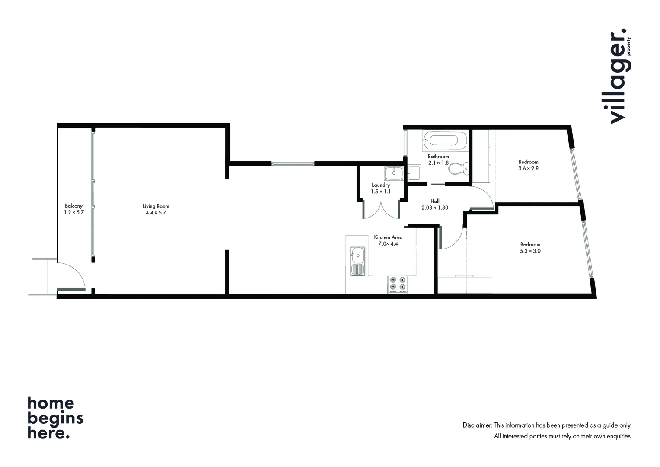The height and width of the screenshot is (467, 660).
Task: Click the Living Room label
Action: [156, 206]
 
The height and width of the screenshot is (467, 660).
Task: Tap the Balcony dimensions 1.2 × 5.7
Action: [73, 213]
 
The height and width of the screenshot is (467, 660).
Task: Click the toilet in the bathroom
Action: [459, 168]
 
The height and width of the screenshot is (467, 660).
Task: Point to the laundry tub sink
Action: [394, 173]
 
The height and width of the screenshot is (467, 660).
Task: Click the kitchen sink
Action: [357, 261]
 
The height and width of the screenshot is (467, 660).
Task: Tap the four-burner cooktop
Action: [398, 283]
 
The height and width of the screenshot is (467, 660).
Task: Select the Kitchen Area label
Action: [388, 237]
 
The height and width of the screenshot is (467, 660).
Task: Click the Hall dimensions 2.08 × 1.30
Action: [435, 208]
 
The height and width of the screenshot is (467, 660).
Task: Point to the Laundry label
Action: [381, 185]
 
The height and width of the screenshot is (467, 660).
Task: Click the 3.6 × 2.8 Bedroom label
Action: [528, 162]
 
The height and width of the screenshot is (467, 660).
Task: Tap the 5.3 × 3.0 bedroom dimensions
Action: [530, 251]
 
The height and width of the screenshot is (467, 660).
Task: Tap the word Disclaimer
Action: [477, 425]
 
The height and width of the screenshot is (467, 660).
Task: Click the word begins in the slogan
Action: [55, 419]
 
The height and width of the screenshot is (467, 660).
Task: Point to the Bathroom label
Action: [438, 157]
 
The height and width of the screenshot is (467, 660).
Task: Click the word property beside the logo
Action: [629, 46]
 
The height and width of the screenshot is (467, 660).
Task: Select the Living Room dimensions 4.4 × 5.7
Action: [156, 213]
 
